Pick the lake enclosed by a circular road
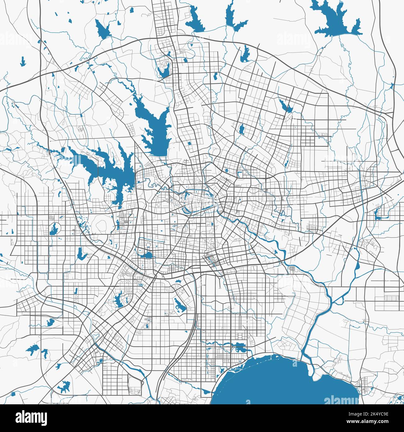(54, 230)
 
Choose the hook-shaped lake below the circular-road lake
(81, 253)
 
